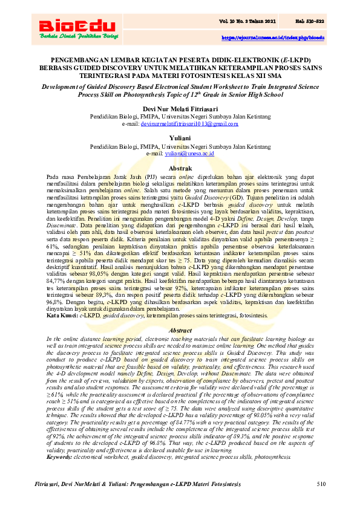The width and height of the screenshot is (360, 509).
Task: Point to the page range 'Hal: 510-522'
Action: (309, 22)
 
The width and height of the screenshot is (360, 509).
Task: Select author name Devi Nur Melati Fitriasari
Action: (180, 107)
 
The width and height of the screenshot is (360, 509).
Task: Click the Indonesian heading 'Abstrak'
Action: (180, 167)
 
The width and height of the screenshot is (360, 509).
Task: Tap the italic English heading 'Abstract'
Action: (180, 331)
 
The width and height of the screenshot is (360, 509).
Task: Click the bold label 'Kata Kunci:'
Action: (62, 316)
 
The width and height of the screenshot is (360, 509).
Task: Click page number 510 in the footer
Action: (321, 484)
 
